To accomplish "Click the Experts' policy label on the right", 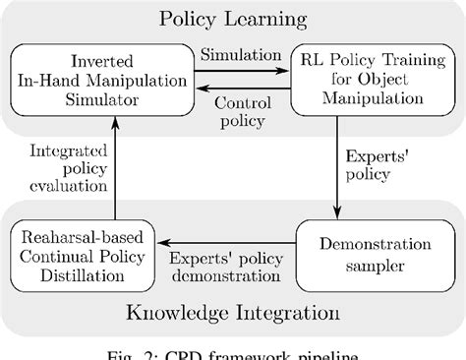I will [381, 165].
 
